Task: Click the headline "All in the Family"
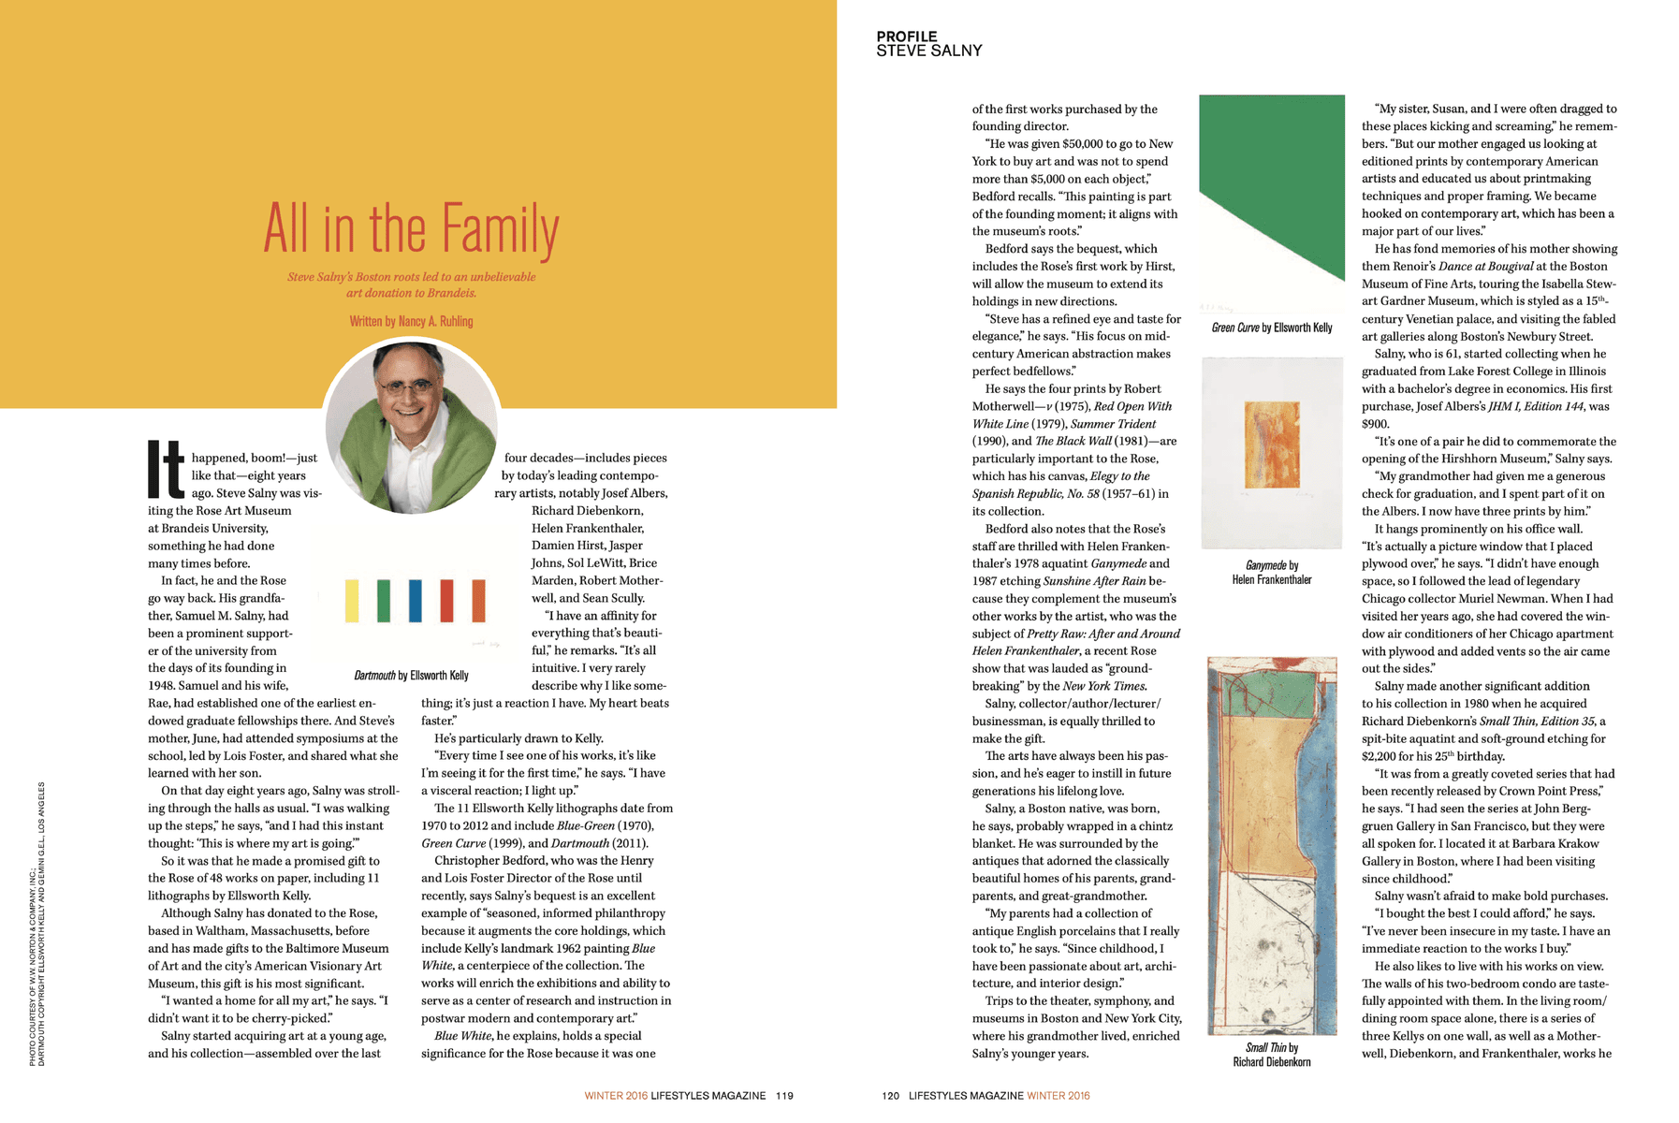point(411,229)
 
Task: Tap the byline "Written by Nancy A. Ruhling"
point(411,321)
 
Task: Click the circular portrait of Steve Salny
point(412,426)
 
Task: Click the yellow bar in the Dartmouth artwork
point(352,601)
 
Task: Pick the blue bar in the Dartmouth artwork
point(415,601)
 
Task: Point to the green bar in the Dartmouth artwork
point(384,601)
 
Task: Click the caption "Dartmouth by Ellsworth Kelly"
point(411,675)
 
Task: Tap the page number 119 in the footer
point(784,1095)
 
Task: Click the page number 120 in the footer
point(891,1095)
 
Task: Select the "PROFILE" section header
point(906,36)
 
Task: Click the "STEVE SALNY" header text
point(928,51)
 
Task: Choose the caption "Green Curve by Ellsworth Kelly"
point(1271,328)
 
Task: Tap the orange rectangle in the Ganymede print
point(1272,445)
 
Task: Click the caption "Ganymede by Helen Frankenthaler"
point(1271,572)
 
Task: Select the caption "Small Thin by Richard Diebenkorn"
point(1271,1055)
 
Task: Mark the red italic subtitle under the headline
point(411,284)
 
